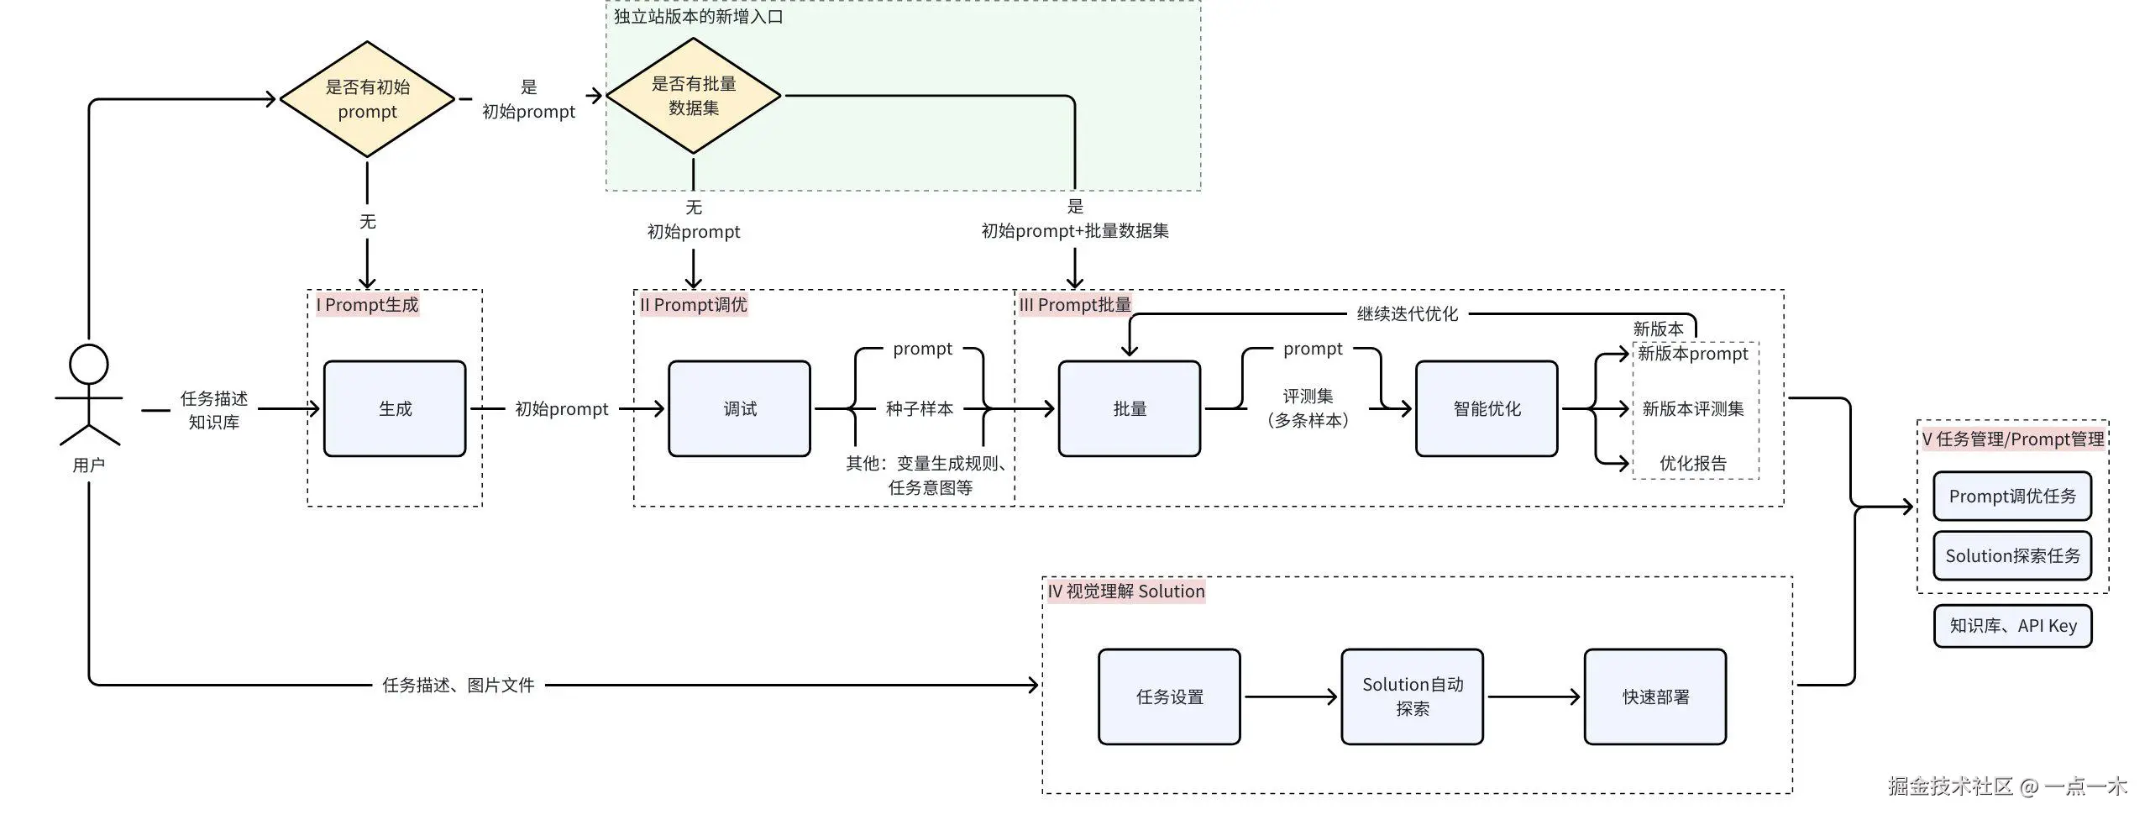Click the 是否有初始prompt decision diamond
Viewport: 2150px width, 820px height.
pos(367,99)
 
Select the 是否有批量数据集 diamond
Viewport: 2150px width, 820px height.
pos(694,96)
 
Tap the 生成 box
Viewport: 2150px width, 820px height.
pos(395,409)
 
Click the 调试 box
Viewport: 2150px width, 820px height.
pos(739,409)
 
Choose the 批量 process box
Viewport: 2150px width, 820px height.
pos(1130,409)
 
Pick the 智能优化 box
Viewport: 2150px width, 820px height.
pos(1487,409)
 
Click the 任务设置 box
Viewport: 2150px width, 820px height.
pos(1169,696)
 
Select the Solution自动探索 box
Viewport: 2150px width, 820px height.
pos(1412,696)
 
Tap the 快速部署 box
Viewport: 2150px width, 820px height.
pos(1655,696)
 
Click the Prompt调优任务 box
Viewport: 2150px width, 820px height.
pos(2012,497)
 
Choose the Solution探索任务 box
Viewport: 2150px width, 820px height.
pos(2012,556)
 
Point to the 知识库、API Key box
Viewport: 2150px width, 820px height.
pos(2012,626)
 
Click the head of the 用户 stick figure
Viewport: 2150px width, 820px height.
pos(89,365)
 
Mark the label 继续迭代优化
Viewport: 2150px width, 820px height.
pos(1408,314)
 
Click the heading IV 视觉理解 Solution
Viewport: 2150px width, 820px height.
pos(1125,591)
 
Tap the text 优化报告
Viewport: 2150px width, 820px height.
pos(1693,464)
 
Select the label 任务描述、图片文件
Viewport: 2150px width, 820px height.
pos(459,686)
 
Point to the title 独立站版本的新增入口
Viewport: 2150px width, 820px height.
pos(698,17)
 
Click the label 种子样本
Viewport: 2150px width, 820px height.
pos(920,409)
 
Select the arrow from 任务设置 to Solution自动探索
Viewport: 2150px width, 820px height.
pos(1290,696)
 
